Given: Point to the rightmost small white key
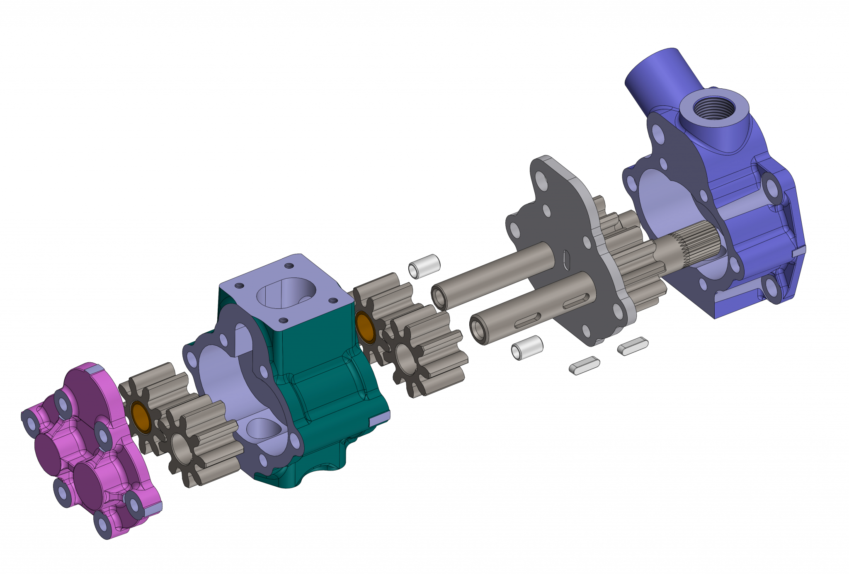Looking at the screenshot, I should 633,345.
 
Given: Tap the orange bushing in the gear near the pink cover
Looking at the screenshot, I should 140,417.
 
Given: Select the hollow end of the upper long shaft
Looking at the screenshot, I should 438,296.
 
